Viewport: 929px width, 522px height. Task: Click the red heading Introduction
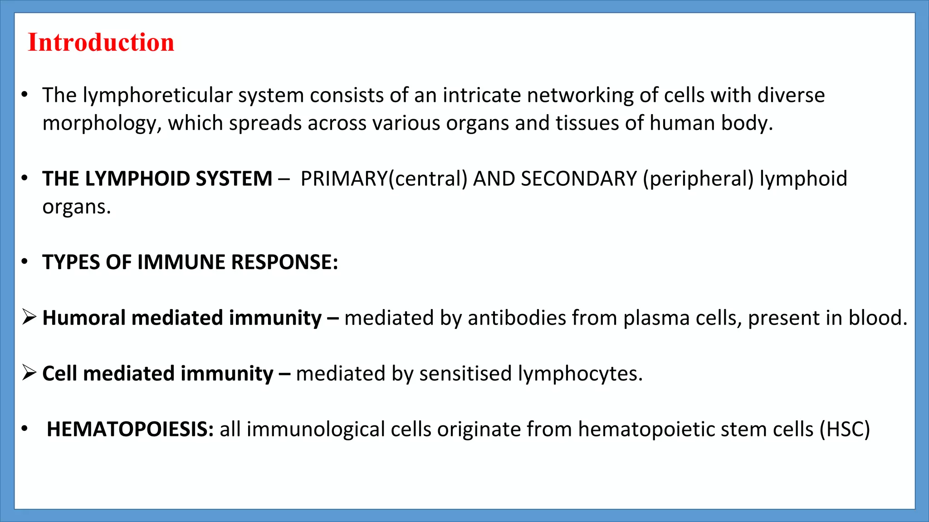click(x=101, y=43)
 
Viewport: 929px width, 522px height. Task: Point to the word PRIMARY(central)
click(x=384, y=179)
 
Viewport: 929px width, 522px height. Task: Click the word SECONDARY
click(x=579, y=179)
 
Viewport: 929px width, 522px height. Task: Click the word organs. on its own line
click(x=77, y=207)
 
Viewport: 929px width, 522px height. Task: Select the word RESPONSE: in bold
click(x=285, y=262)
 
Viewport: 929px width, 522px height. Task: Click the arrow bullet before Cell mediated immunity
click(x=29, y=373)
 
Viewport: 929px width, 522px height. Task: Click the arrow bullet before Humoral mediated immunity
click(x=29, y=318)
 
